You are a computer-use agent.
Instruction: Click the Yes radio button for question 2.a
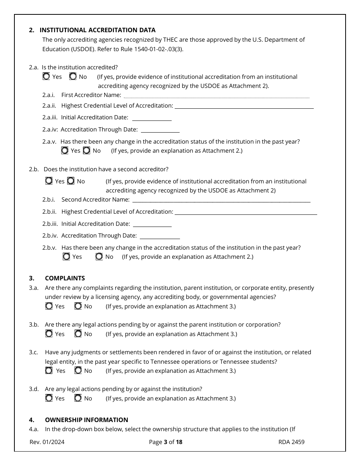(x=46, y=77)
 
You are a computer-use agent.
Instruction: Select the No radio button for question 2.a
(x=73, y=77)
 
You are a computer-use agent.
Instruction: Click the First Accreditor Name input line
(x=216, y=95)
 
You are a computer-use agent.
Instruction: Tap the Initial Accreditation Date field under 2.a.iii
(x=152, y=118)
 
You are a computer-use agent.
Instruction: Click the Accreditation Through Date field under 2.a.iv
(x=160, y=130)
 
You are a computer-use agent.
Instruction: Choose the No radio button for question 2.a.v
(x=86, y=151)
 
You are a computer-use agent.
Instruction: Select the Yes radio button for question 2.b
(x=49, y=181)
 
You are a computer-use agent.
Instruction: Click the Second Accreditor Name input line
(x=221, y=200)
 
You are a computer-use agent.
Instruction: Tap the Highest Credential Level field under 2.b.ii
(x=246, y=212)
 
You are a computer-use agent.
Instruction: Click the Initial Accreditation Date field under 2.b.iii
(x=152, y=224)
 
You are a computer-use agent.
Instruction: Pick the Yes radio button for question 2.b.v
(x=66, y=257)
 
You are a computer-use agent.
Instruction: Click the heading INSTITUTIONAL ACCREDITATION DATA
(x=97, y=30)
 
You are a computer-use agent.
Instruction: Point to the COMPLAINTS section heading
(x=65, y=278)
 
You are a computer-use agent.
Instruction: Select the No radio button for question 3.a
(x=78, y=306)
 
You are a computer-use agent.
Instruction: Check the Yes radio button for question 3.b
(x=49, y=334)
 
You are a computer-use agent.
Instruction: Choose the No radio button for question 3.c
(x=78, y=371)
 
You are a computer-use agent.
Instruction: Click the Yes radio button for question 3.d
(x=49, y=398)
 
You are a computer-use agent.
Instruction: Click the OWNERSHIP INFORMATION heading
(x=86, y=420)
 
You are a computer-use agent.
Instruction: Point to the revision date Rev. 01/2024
(x=47, y=442)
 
